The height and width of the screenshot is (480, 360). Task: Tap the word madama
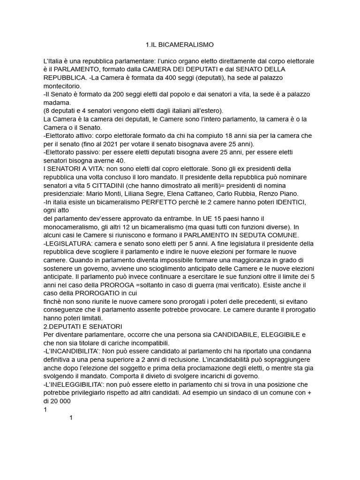[56, 102]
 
